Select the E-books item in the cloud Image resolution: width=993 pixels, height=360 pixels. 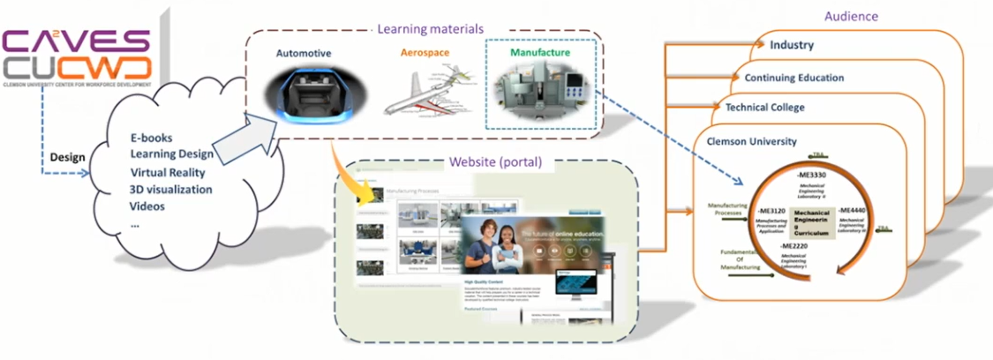(x=150, y=139)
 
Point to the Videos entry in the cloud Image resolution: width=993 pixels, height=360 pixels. (x=148, y=206)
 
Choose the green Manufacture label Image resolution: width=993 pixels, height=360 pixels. (x=539, y=53)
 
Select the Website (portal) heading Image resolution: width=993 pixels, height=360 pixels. (x=495, y=161)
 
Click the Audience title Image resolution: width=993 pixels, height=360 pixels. (x=851, y=17)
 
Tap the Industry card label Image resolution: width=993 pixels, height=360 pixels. (x=792, y=45)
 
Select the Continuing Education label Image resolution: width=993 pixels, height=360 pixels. (x=794, y=78)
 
